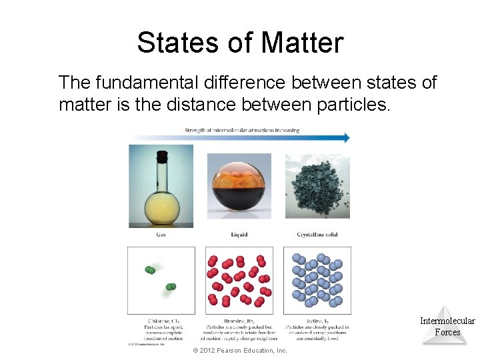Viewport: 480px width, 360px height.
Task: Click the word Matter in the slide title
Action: coord(303,43)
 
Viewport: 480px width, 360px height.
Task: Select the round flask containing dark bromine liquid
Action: coord(239,186)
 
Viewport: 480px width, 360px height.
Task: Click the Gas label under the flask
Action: coord(161,235)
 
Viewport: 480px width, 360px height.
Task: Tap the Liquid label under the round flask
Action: coord(239,235)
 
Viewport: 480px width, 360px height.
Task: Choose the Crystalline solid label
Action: coord(317,235)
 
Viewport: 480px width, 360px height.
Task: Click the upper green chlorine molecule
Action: coord(151,270)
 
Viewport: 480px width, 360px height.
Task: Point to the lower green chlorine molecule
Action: coord(171,287)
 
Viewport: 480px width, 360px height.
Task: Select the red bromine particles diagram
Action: coord(239,280)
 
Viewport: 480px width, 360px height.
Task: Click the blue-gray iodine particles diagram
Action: coord(317,280)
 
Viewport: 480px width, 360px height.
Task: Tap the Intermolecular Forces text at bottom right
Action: coord(447,327)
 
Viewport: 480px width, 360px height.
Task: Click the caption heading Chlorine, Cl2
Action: coord(161,321)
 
